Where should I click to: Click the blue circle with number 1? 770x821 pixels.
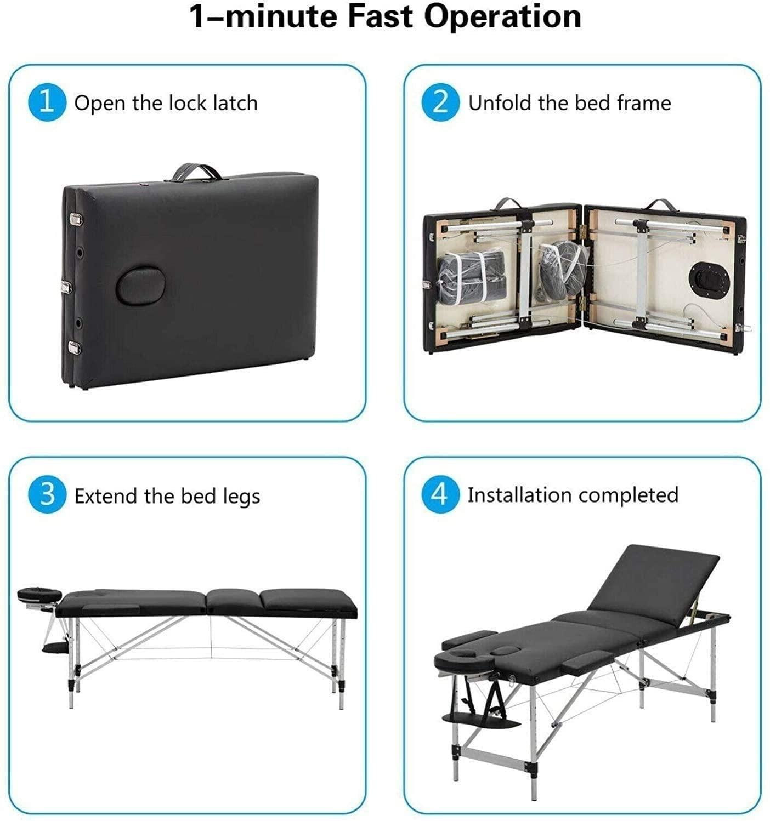(x=47, y=102)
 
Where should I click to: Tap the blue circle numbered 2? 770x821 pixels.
(x=440, y=102)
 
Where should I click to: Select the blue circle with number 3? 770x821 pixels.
(x=47, y=494)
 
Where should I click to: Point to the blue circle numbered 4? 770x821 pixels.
(x=440, y=494)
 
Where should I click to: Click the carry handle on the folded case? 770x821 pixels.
(x=197, y=172)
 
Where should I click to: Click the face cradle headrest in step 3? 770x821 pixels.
(x=39, y=594)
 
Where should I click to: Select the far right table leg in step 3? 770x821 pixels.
(x=341, y=663)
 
